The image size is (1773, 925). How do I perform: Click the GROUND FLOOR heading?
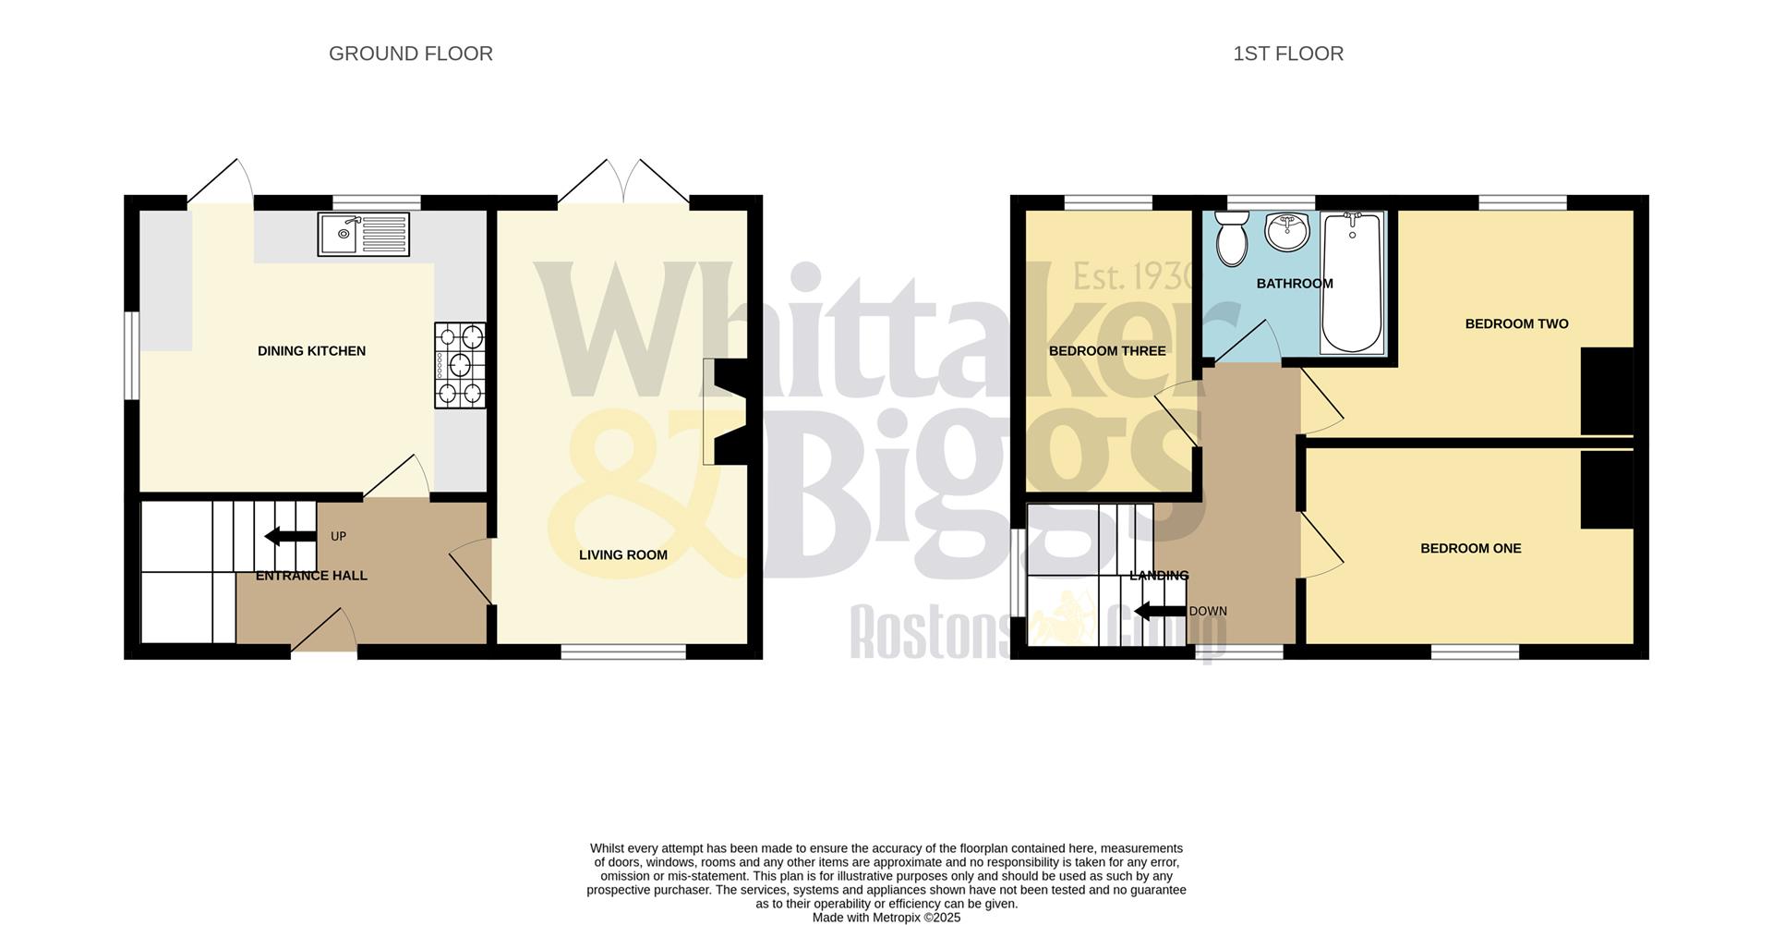click(x=410, y=54)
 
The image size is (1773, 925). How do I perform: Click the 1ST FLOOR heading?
click(x=1287, y=54)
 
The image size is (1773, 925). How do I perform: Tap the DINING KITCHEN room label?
click(x=311, y=351)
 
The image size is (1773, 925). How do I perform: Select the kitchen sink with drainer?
click(x=363, y=234)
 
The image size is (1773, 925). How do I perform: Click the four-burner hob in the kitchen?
click(x=460, y=365)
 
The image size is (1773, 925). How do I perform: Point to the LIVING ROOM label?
click(x=622, y=555)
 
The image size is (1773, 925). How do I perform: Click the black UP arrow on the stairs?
click(x=284, y=536)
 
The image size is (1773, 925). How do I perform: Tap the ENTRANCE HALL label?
click(x=311, y=576)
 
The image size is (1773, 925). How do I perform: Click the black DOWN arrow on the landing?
click(x=1159, y=611)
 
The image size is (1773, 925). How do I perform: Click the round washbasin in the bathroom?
click(x=1286, y=231)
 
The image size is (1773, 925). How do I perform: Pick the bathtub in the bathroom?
click(x=1352, y=282)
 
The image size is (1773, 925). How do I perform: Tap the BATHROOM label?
click(x=1295, y=284)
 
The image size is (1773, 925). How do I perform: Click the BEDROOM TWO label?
click(x=1516, y=324)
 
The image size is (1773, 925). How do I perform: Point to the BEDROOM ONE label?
click(x=1470, y=549)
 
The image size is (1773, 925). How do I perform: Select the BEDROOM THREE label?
click(x=1107, y=351)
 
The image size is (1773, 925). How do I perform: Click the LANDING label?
click(x=1159, y=576)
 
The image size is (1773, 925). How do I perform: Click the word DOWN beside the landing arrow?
click(x=1208, y=612)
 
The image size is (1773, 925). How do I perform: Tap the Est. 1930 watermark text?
click(x=1134, y=276)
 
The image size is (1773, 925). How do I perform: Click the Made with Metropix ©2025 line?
click(x=886, y=918)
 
